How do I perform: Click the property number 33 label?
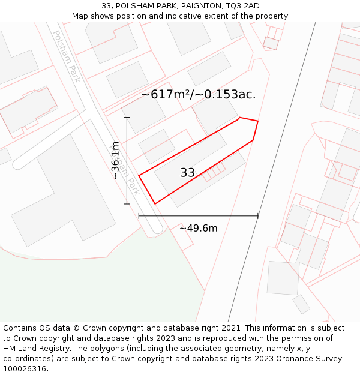188,173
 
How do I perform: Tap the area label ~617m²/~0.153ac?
199,94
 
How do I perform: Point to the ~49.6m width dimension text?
198,228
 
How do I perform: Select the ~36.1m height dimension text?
116,160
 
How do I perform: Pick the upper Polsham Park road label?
66,56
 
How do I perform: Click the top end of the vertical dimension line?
127,118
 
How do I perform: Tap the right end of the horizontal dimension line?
259,216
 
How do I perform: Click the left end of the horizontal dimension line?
139,216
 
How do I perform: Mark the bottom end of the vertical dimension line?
127,204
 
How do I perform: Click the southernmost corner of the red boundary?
155,204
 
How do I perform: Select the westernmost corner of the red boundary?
139,176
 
